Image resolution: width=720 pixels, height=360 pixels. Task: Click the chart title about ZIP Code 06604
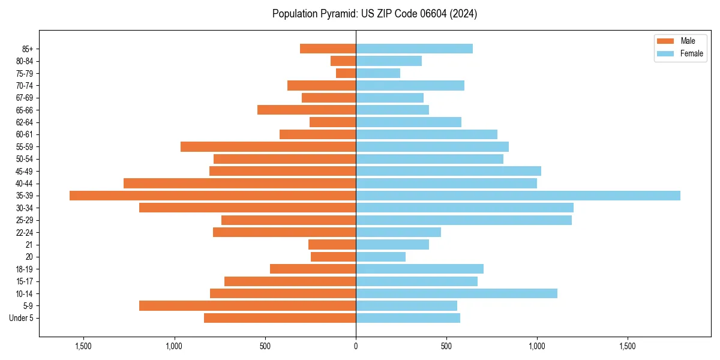[x=374, y=14]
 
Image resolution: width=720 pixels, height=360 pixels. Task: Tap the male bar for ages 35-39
[x=212, y=196]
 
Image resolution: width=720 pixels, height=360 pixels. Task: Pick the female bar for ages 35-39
[x=518, y=196]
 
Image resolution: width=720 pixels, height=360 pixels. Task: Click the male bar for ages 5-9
[x=247, y=306]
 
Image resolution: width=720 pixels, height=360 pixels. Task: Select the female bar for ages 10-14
[x=456, y=293]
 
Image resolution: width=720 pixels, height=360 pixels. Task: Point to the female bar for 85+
[x=414, y=49]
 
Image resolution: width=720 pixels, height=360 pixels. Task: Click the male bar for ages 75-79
[x=346, y=73]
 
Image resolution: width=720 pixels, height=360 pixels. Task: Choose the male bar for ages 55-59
[x=268, y=146]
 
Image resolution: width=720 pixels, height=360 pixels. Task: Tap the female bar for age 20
[x=380, y=257]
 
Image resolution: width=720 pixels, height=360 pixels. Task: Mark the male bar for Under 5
[x=280, y=318]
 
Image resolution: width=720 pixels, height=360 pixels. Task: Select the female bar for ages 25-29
[x=464, y=220]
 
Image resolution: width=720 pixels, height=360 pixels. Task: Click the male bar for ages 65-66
[x=307, y=110]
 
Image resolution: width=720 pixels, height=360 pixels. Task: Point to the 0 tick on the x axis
[x=356, y=346]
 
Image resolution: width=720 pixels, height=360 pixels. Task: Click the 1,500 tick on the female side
[x=628, y=346]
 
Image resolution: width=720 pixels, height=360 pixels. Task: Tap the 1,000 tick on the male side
[x=174, y=346]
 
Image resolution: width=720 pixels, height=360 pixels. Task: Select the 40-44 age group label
[x=24, y=184]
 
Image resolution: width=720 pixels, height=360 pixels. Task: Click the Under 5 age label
[x=22, y=318]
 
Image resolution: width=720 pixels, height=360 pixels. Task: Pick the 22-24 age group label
[x=24, y=232]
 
